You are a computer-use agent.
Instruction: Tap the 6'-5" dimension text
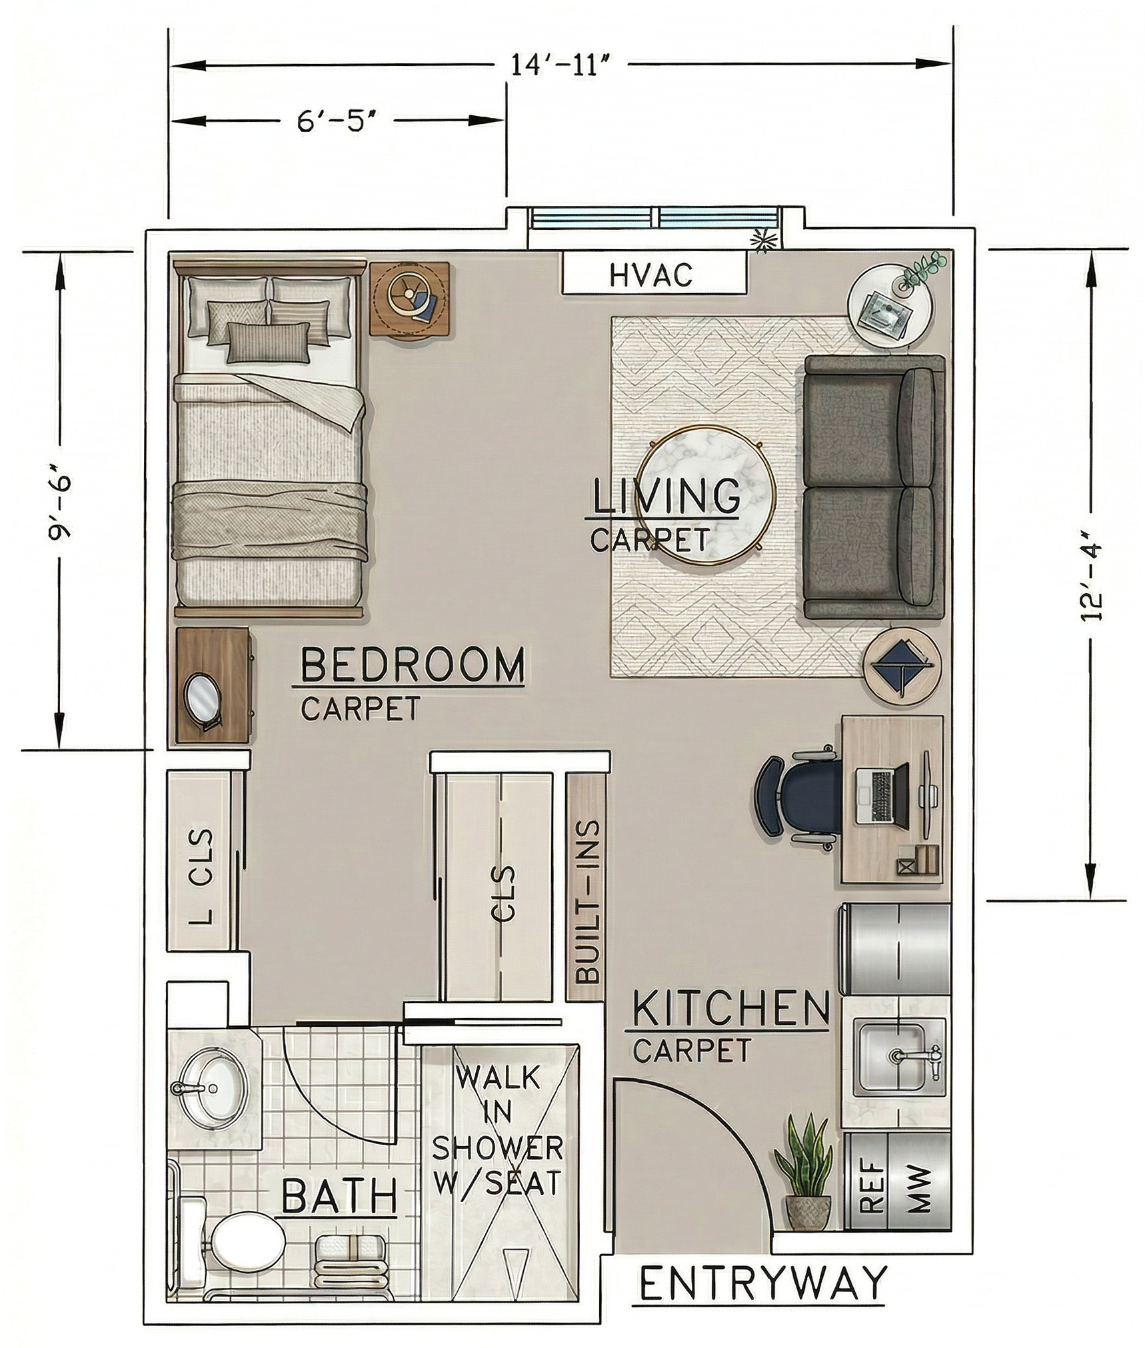(331, 121)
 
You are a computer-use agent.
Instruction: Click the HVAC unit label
(651, 275)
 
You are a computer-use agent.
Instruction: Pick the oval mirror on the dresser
(204, 696)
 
